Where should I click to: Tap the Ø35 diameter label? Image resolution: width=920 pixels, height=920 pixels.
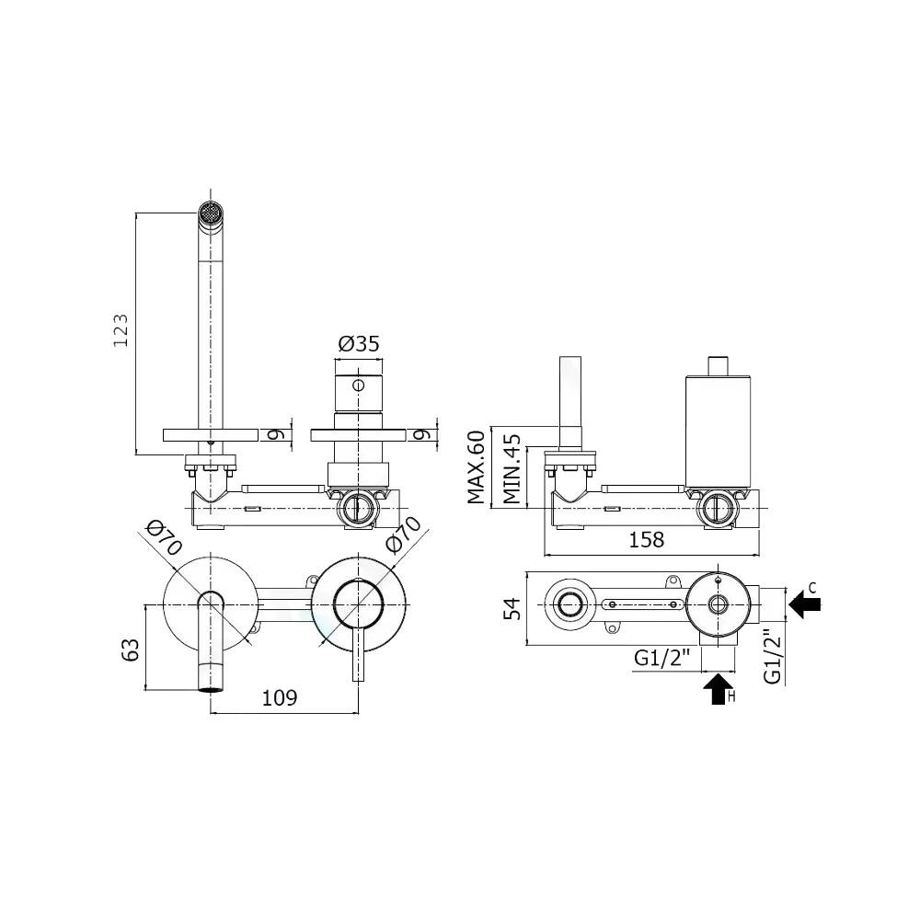tap(359, 344)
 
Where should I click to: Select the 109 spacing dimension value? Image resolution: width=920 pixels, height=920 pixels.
tap(281, 697)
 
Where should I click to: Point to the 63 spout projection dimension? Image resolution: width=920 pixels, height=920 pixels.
tap(131, 648)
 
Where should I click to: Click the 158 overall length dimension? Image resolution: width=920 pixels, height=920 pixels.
tap(647, 539)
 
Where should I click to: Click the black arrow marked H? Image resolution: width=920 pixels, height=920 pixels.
tap(718, 689)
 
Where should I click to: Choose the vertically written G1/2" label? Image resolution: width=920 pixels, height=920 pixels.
tap(774, 655)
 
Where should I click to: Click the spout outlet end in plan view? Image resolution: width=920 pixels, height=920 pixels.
tap(212, 686)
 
